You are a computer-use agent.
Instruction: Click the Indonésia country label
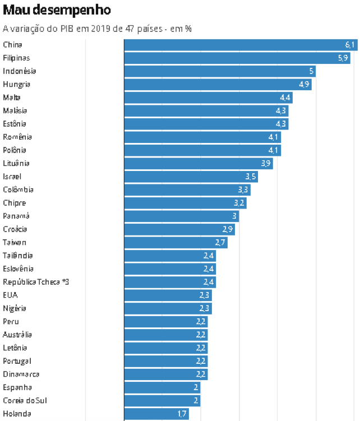[x=20, y=71]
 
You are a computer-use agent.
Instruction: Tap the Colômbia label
[x=18, y=189]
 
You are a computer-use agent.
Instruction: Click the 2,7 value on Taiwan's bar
[x=220, y=242]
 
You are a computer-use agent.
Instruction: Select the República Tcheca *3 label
[x=36, y=282]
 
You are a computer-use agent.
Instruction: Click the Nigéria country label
[x=15, y=308]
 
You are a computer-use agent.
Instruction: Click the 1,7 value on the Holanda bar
[x=182, y=414]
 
